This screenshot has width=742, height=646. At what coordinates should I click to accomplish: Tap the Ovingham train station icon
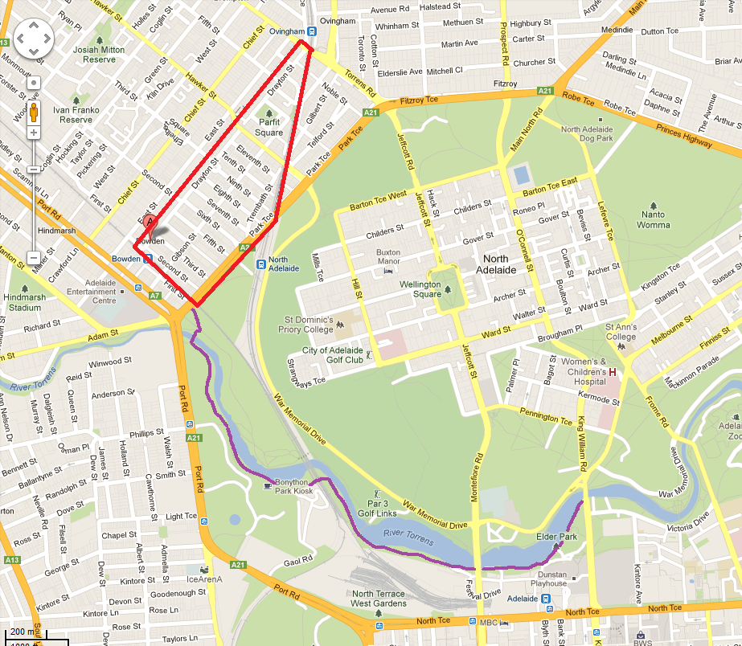pos(312,32)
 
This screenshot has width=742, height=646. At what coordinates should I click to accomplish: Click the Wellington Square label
pos(420,289)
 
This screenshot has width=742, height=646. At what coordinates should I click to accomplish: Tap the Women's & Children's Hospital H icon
pos(613,372)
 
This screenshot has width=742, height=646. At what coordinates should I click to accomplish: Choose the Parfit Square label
pos(269,128)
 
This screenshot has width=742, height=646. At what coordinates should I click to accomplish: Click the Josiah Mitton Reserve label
pos(100,54)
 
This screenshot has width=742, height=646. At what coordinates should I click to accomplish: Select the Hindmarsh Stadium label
pos(22,302)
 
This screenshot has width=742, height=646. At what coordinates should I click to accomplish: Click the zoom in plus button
pos(34,132)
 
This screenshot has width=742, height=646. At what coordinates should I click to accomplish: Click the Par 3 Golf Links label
pos(376,508)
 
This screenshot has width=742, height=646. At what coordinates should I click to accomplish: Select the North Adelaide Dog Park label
pos(587,134)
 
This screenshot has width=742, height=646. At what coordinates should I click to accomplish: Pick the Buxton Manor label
pos(388,257)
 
